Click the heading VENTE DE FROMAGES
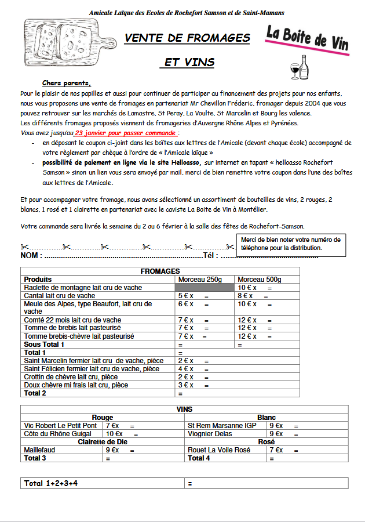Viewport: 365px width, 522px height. click(x=187, y=38)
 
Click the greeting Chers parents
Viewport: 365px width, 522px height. click(x=67, y=83)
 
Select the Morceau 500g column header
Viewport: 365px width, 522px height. click(x=259, y=280)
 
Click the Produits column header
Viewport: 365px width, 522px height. click(x=38, y=280)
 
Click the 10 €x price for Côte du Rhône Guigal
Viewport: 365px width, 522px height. click(x=114, y=434)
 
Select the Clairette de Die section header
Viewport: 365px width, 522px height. click(x=103, y=442)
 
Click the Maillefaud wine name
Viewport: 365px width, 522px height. click(x=40, y=450)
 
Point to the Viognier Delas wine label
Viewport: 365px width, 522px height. click(x=210, y=434)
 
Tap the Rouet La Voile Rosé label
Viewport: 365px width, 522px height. click(x=219, y=450)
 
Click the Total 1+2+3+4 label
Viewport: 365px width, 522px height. click(x=51, y=483)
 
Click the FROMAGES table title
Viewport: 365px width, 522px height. click(x=160, y=271)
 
